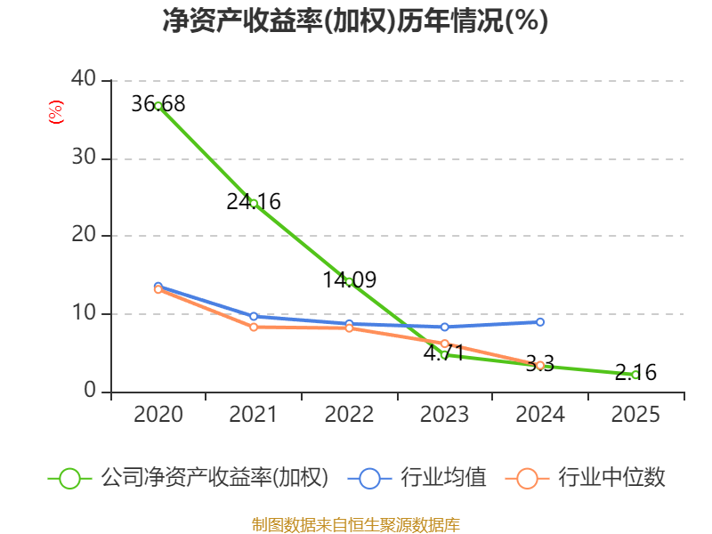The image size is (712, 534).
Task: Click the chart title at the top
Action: tap(355, 21)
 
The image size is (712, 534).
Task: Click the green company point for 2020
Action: tap(158, 106)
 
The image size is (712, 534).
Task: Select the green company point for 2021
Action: tap(254, 203)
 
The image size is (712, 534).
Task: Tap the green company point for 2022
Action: tap(349, 281)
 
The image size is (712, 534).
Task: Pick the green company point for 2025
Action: tap(635, 375)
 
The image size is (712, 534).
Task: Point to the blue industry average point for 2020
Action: tap(158, 287)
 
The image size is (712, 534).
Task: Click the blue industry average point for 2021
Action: tap(254, 316)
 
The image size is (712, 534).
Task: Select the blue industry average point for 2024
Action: tap(540, 321)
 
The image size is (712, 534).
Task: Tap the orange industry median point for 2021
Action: tap(254, 328)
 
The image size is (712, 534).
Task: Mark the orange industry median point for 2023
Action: tap(445, 344)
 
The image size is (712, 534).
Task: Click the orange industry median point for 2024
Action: tap(540, 365)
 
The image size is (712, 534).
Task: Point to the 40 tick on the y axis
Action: tap(85, 79)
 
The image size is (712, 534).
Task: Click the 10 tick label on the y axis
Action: tap(85, 313)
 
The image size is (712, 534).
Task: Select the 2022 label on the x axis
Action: tap(349, 415)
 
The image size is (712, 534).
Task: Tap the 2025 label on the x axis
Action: tap(635, 415)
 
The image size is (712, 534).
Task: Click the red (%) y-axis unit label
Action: tap(56, 113)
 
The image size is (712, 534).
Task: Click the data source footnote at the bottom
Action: tap(355, 524)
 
